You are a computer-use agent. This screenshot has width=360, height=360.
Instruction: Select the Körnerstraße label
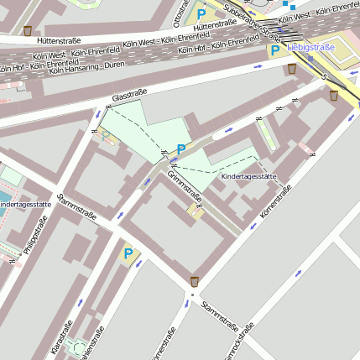click(275, 204)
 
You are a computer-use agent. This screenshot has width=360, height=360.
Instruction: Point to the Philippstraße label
click(31, 237)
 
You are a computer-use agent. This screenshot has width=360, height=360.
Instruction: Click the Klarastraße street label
click(61, 336)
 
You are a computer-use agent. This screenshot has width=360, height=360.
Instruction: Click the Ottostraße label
click(180, 12)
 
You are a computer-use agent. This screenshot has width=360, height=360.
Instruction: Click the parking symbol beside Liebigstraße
click(274, 51)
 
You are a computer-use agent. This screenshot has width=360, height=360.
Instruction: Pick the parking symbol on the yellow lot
click(128, 253)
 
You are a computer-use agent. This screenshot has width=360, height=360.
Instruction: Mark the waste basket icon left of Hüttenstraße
click(28, 31)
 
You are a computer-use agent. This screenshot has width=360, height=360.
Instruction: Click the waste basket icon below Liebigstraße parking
click(291, 69)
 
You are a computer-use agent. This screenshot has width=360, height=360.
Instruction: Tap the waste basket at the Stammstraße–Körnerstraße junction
click(195, 280)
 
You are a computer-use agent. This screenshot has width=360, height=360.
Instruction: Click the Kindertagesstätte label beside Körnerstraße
click(248, 177)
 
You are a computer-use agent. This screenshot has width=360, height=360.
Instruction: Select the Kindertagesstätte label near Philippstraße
click(25, 204)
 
